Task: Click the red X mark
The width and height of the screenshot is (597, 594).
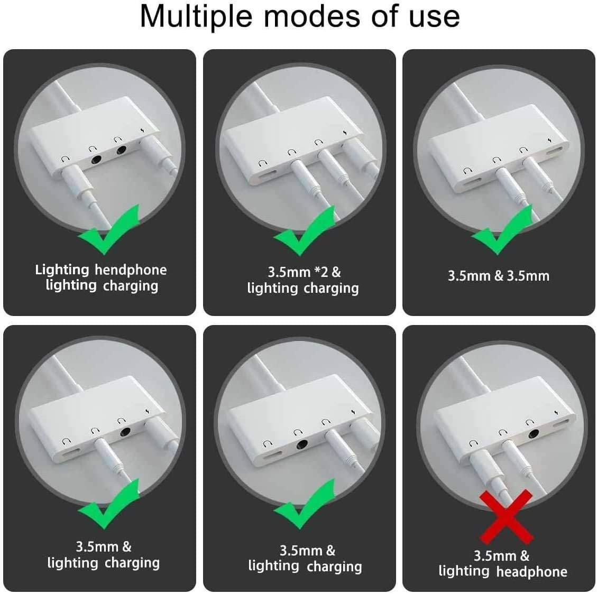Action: pos(506,516)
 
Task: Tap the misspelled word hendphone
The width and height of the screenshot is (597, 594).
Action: pos(131,270)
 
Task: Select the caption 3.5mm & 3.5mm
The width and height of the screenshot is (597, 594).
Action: pos(499,276)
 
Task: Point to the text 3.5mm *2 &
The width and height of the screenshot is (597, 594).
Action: pos(304,272)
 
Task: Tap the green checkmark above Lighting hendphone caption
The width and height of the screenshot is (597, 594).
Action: pos(109,229)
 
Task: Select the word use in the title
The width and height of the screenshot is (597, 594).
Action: pos(435,17)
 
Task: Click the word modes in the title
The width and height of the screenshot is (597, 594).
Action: pos(312,17)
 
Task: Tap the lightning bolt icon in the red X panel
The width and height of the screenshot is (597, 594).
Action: pos(556,413)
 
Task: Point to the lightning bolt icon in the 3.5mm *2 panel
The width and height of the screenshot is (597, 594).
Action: pos(345,133)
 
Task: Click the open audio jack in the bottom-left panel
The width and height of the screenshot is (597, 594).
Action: pos(125,432)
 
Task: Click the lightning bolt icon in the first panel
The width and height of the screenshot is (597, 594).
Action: pos(143,131)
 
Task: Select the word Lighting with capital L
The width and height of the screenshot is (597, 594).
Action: pos(62,270)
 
